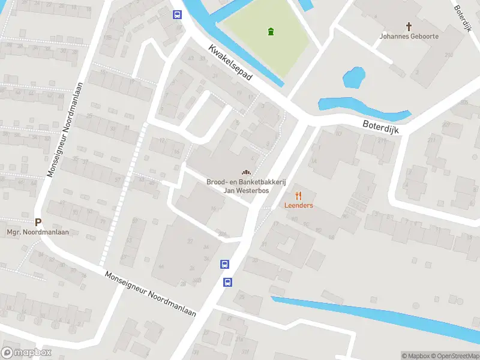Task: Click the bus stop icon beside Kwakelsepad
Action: click(177, 15)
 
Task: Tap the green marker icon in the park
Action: click(271, 31)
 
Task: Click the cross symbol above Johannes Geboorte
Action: click(409, 26)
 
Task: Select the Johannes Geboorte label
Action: click(409, 36)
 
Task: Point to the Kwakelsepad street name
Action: click(231, 64)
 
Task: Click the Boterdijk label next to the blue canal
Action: click(380, 126)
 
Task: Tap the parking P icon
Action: click(38, 222)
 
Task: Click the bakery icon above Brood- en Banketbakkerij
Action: click(245, 172)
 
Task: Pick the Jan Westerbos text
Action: click(245, 190)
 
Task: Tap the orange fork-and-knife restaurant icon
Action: click(298, 195)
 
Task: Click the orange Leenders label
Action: click(298, 205)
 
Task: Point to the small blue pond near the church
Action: click(353, 77)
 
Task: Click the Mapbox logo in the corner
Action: click(26, 353)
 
